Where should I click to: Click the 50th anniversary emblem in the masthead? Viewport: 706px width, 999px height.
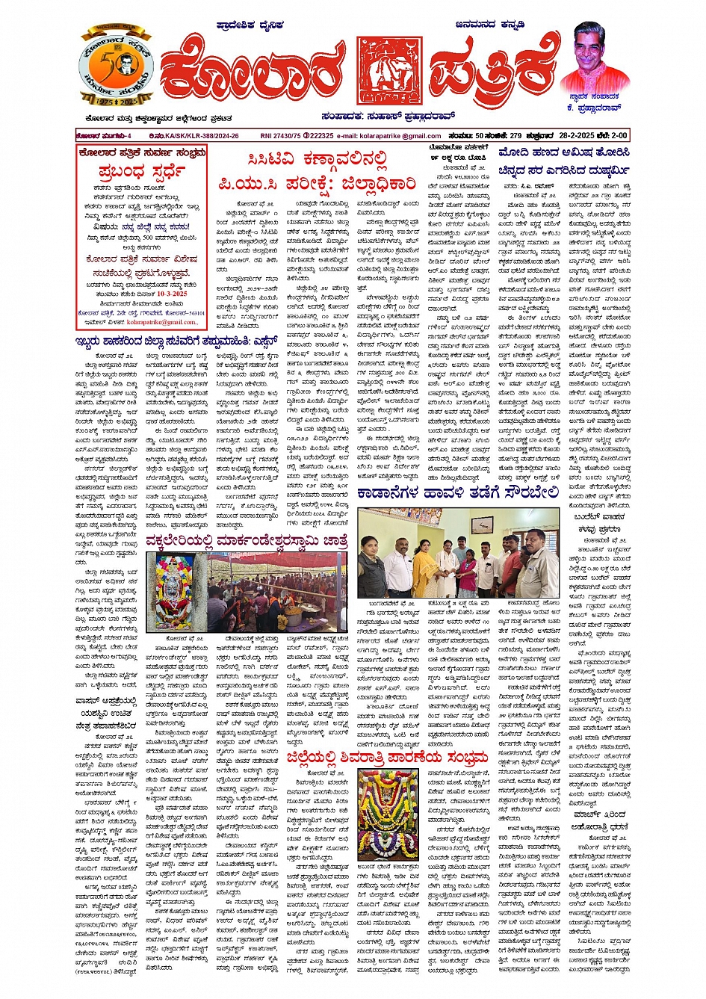click(116, 67)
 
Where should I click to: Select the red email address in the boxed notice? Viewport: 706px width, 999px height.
click(162, 322)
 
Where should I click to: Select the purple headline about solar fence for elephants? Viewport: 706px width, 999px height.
click(457, 493)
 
